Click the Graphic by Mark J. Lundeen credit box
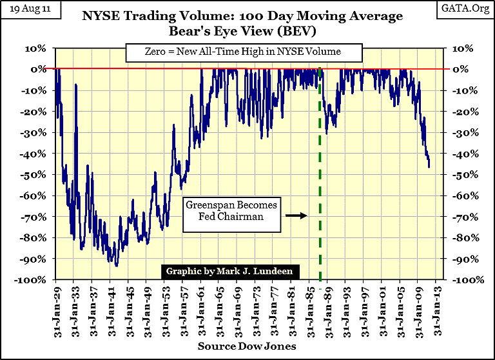(x=229, y=271)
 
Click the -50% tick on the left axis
(x=33, y=175)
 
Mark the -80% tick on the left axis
(x=33, y=238)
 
